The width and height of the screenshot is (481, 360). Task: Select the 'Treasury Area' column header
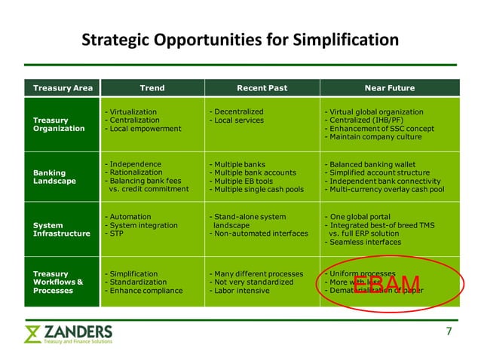tap(63, 88)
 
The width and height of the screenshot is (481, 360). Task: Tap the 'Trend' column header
tap(152, 88)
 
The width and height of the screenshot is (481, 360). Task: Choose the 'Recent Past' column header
tap(262, 88)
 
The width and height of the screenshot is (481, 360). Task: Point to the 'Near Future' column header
tap(389, 88)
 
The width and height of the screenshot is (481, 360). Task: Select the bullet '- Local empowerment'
tap(142, 129)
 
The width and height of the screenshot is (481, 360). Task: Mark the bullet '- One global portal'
tap(360, 217)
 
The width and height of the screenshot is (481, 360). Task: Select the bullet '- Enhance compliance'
tap(144, 290)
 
